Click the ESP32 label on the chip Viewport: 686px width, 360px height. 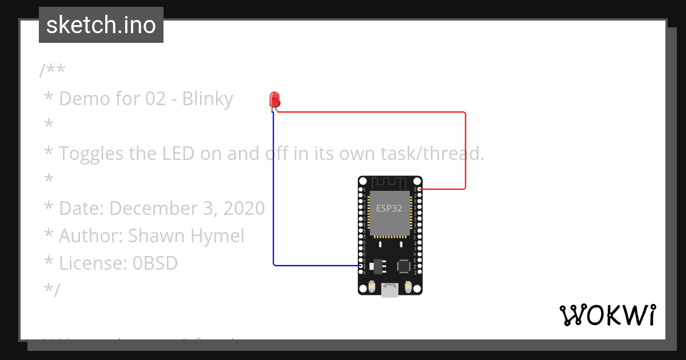click(x=389, y=209)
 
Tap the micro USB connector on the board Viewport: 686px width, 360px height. click(x=390, y=290)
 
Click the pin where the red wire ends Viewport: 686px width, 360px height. click(x=420, y=189)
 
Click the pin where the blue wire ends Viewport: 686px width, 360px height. click(x=361, y=265)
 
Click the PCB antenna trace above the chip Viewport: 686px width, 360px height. click(x=390, y=183)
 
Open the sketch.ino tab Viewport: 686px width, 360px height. click(x=101, y=25)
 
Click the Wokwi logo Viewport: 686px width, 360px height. click(x=607, y=315)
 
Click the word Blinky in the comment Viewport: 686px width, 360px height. click(x=208, y=99)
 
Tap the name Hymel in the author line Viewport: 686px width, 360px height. click(x=218, y=236)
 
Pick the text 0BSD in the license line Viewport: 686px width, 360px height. click(x=155, y=263)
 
